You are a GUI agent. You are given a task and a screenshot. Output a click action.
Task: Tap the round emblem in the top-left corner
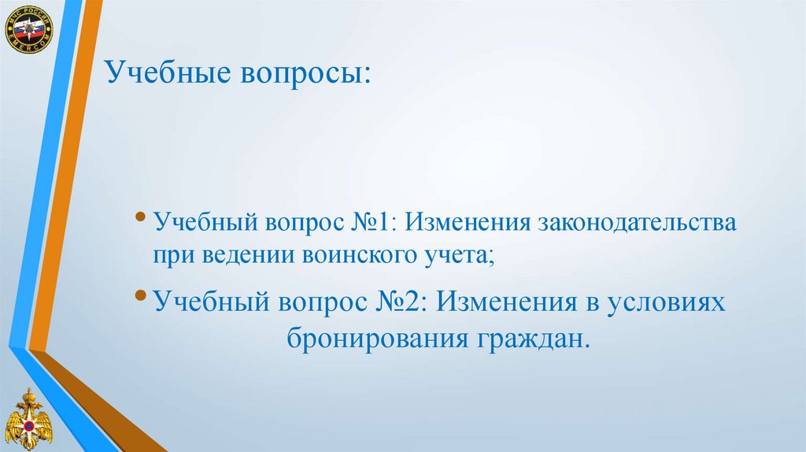click(27, 28)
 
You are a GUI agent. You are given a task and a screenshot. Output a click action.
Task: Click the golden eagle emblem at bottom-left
click(28, 422)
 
